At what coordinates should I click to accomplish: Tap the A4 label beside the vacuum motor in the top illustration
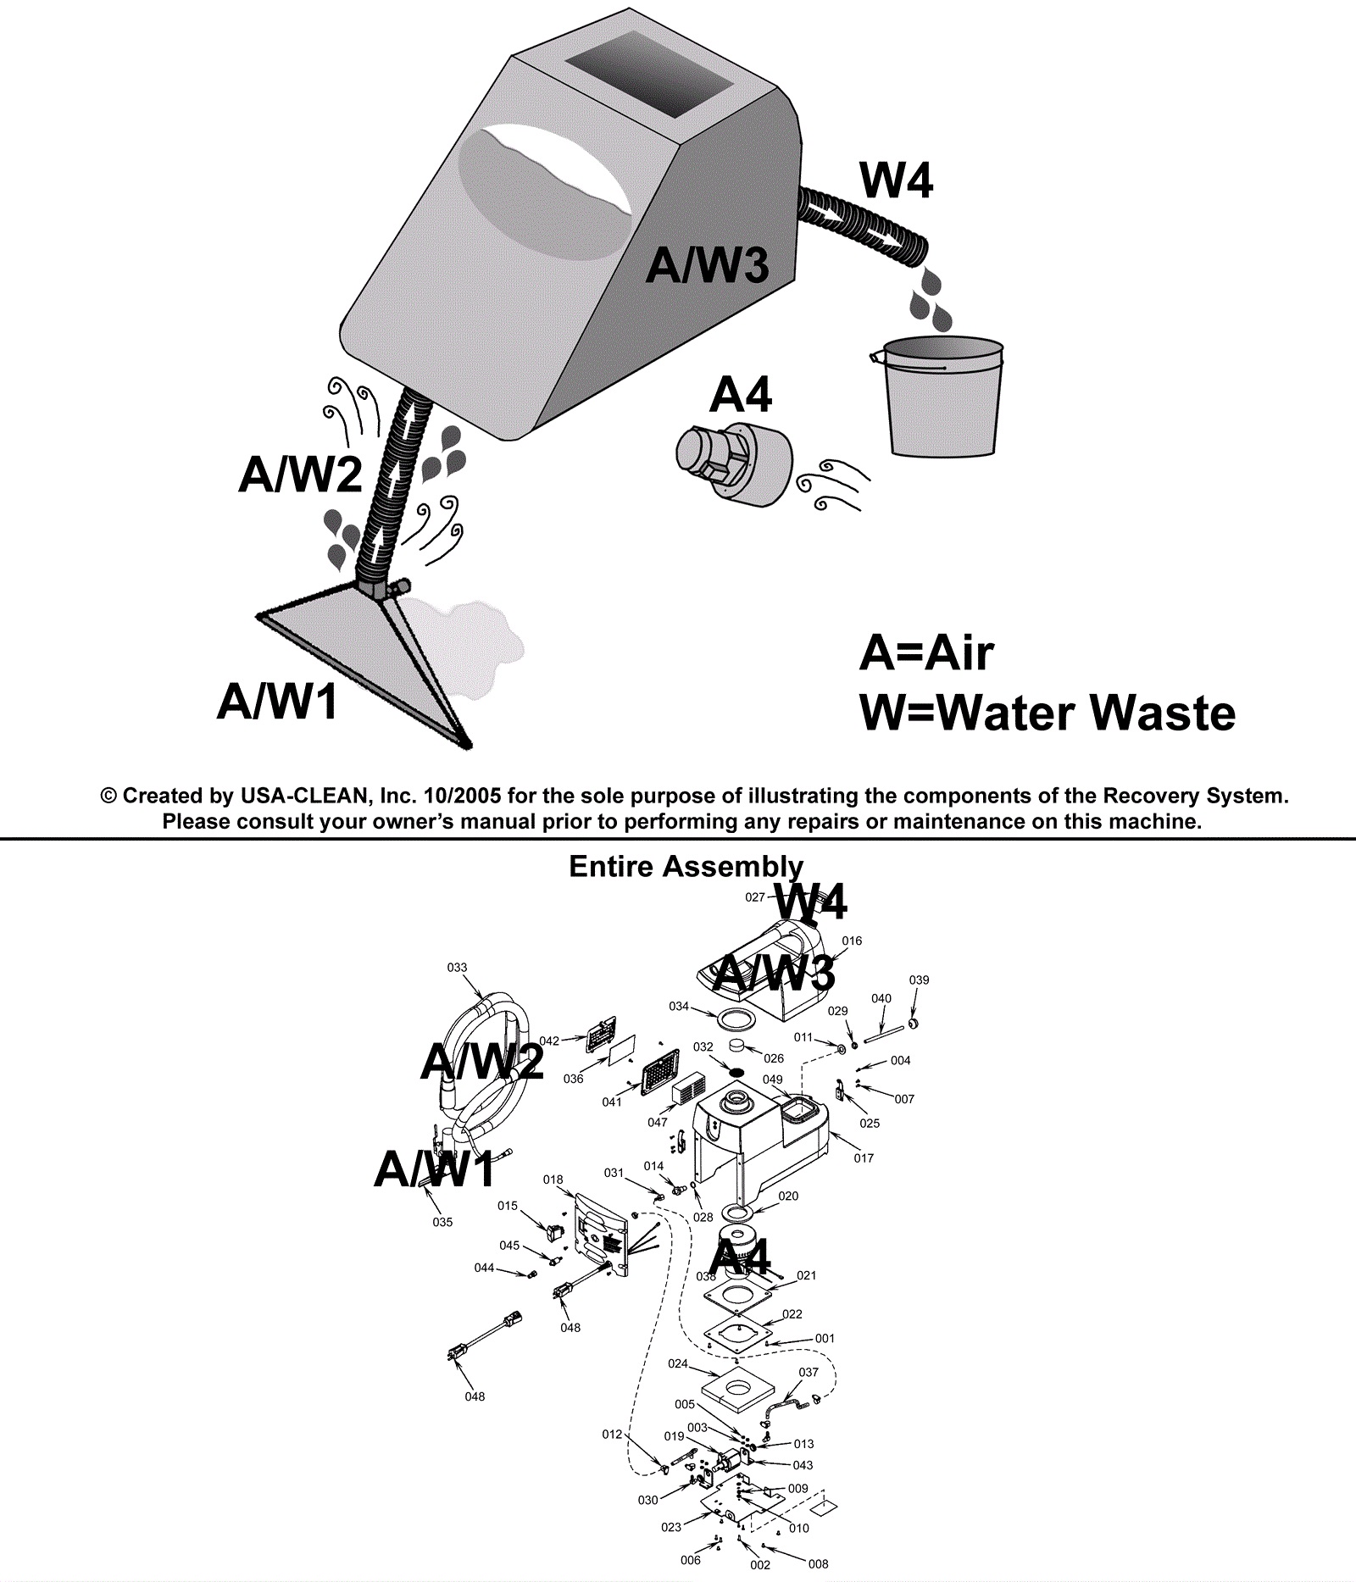coord(741,394)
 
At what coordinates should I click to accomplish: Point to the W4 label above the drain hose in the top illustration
coord(896,180)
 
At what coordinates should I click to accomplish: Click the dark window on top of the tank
coord(649,75)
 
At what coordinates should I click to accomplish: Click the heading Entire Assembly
coord(686,866)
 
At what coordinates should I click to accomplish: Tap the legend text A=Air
coord(925,653)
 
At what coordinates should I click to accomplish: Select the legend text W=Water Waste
coord(1048,713)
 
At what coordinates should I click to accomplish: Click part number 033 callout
coord(457,967)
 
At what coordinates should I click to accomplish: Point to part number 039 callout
coord(919,980)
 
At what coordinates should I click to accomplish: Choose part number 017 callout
coord(864,1157)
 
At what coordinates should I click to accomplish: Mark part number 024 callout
coord(677,1363)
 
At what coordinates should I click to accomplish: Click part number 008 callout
coord(818,1564)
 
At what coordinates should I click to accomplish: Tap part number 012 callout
coord(612,1435)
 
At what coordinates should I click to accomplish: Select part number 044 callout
coord(484,1268)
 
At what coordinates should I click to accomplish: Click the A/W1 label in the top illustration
coord(277,702)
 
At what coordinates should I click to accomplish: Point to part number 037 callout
coord(809,1372)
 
